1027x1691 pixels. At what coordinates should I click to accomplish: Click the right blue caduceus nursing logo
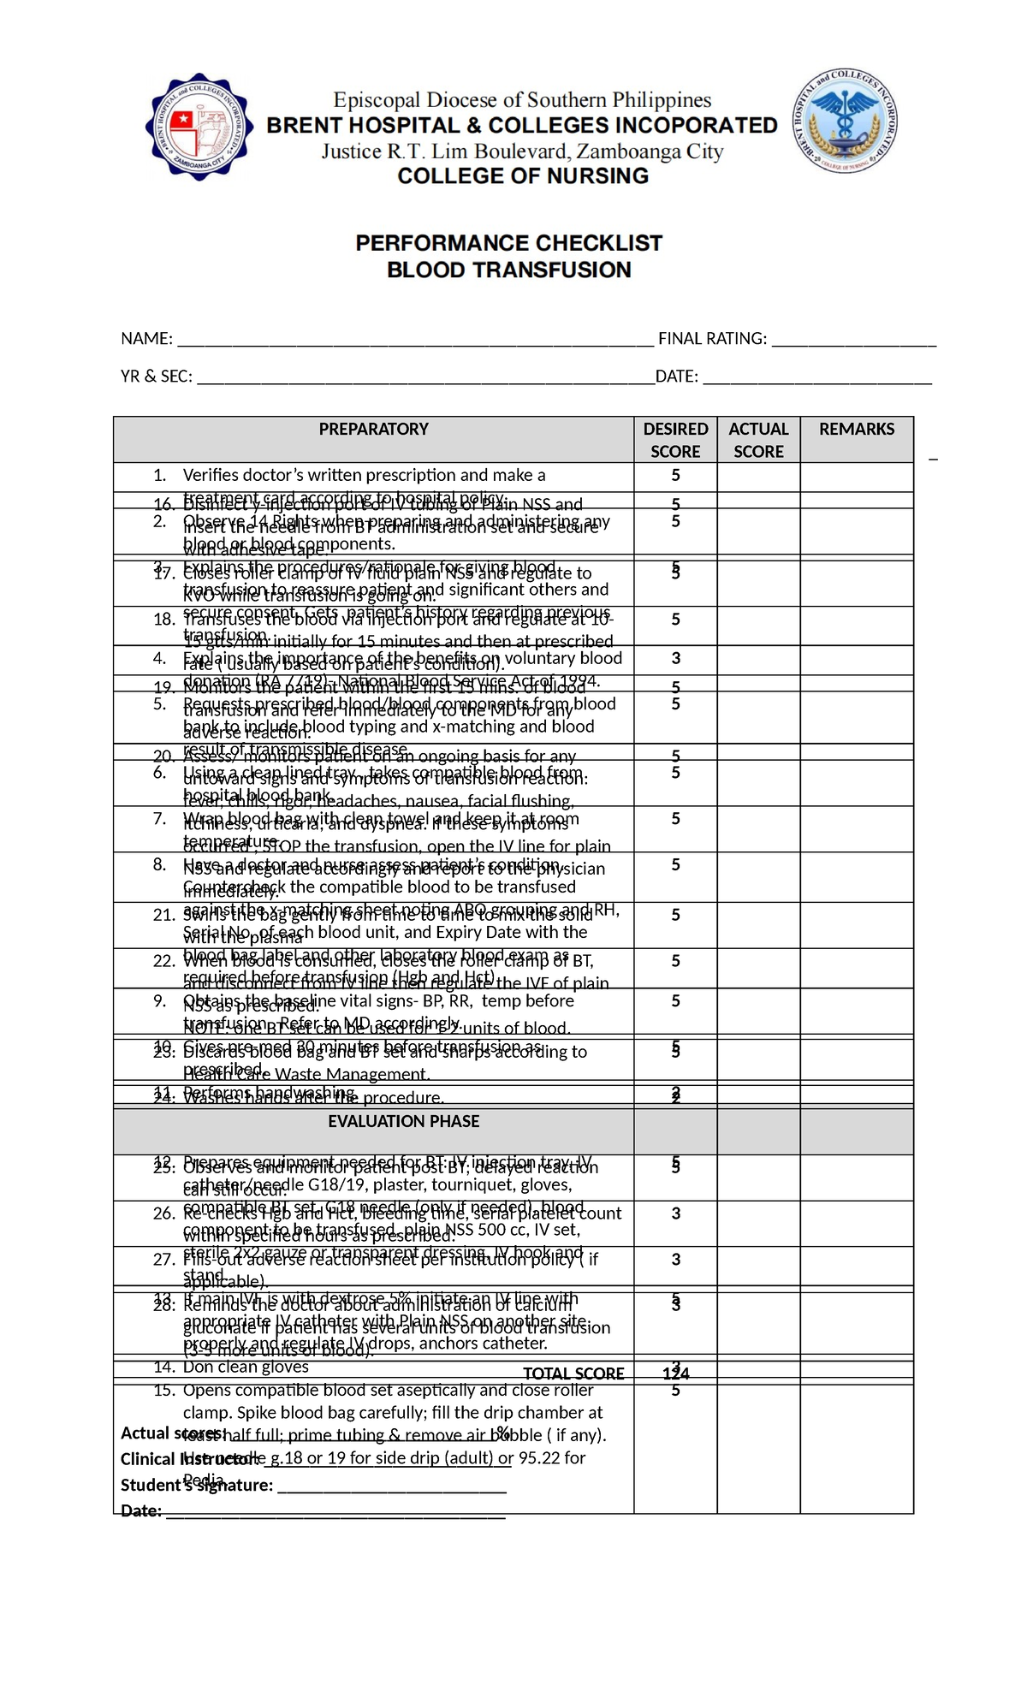pos(844,122)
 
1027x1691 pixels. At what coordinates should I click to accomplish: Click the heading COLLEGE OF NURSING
pos(523,176)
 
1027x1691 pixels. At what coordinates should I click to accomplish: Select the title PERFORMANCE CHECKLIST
pos(509,243)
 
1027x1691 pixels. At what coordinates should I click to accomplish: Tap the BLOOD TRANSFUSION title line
pos(509,270)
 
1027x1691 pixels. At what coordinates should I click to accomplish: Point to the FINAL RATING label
pos(712,339)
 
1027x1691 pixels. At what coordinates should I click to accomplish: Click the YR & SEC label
pos(157,377)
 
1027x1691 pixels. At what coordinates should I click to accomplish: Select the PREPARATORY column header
pos(374,430)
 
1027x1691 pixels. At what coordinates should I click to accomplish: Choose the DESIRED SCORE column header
pos(676,440)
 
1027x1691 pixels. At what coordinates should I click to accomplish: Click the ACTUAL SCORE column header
pos(759,440)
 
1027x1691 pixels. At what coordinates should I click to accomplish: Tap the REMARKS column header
pos(857,430)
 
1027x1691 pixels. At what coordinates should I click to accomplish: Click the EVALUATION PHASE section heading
pos(404,1121)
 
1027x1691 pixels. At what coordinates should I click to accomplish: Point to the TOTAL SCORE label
pos(573,1374)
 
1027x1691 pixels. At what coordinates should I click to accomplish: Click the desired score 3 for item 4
pos(676,658)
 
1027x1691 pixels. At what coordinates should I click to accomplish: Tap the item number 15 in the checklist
pos(164,1390)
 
